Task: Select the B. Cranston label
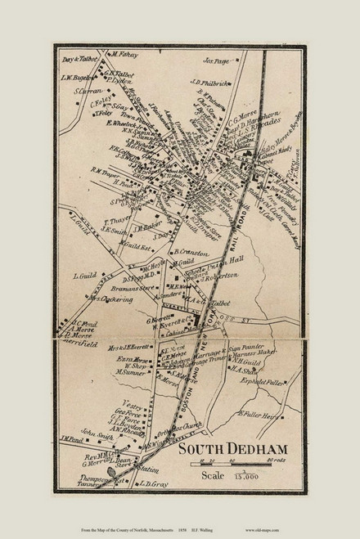tap(192, 253)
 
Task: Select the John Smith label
tap(94, 434)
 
